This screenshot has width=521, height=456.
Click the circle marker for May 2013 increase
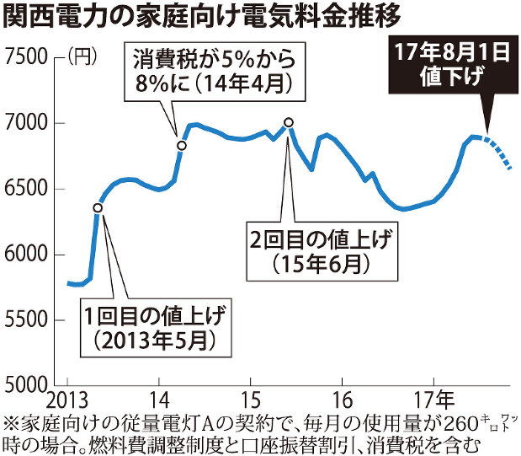click(98, 207)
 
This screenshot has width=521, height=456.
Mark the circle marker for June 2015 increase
click(289, 122)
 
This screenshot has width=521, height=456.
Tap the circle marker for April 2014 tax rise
click(181, 146)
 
